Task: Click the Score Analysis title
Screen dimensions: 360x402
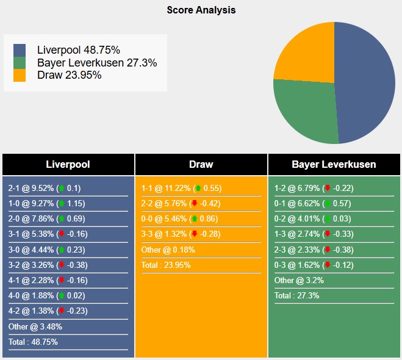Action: [x=201, y=10]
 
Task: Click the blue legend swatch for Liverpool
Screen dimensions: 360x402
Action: [x=20, y=49]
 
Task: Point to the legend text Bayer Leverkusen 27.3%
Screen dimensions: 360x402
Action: [x=97, y=63]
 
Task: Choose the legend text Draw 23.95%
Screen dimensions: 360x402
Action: [x=69, y=76]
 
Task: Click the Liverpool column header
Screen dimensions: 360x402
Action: [x=68, y=165]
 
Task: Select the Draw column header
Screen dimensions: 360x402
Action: [x=201, y=165]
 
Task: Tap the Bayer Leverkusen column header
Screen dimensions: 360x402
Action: [x=334, y=165]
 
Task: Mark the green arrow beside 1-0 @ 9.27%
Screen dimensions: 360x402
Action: [x=62, y=204]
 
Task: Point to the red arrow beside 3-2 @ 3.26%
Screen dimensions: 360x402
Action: [x=62, y=265]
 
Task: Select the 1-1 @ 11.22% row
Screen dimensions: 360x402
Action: [x=180, y=189]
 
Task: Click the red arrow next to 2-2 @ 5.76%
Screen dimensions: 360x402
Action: [x=195, y=204]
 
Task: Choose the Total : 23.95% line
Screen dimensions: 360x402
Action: [x=167, y=265]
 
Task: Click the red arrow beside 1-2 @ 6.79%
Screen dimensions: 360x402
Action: [x=328, y=189]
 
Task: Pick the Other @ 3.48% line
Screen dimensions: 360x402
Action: [x=35, y=326]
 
